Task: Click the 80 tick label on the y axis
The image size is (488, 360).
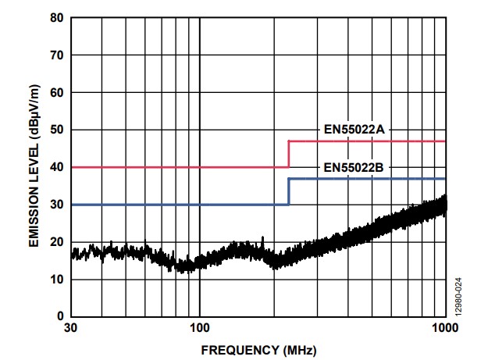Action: [57, 18]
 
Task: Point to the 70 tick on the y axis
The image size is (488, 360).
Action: [57, 55]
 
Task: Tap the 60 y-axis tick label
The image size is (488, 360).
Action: [57, 92]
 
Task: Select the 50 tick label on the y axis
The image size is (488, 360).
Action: [57, 130]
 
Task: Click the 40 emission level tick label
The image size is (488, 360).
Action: [57, 167]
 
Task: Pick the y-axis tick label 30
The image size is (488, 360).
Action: [57, 205]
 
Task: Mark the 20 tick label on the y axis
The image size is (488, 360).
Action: [57, 242]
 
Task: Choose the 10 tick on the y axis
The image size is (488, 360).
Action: [57, 280]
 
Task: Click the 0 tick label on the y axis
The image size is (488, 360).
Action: [60, 316]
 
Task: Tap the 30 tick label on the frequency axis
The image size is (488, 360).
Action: [70, 328]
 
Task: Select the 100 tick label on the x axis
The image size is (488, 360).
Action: [199, 328]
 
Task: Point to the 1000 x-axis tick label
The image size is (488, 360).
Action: [445, 328]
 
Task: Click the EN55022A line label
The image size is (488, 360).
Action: [354, 130]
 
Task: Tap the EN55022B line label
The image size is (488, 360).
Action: [354, 167]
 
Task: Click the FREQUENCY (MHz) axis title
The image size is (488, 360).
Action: [258, 351]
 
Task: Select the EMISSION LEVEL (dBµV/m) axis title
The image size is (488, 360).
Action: [34, 166]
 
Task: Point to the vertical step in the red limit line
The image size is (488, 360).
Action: [289, 155]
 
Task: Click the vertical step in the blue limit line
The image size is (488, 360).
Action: [289, 191]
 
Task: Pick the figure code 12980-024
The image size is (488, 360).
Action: [458, 298]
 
